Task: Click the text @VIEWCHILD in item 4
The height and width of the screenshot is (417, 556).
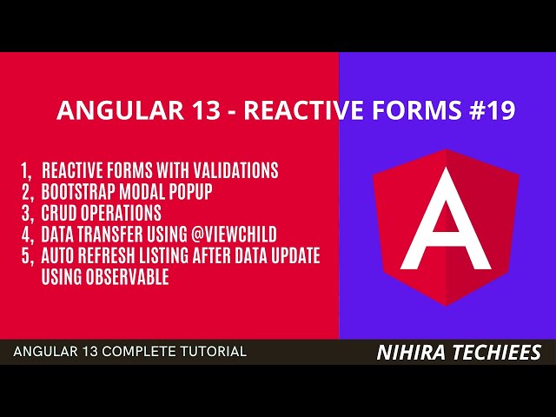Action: pyautogui.click(x=235, y=235)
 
